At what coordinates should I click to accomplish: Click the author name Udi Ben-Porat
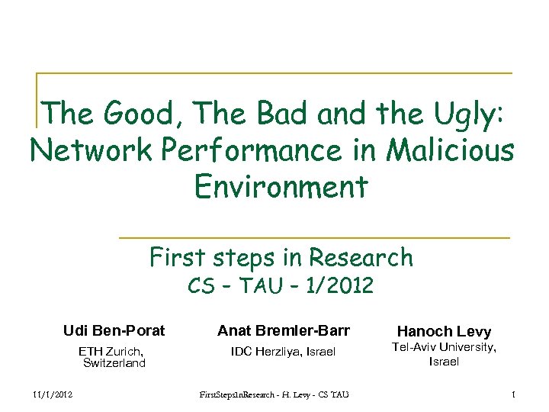pos(114,330)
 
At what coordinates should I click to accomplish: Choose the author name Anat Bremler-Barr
pos(283,330)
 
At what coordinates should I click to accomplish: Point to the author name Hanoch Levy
pos(444,331)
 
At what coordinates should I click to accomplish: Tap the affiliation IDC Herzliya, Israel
pos(283,351)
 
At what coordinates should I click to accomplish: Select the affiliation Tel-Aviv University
pos(444,348)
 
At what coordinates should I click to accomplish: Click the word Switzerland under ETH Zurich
pos(114,363)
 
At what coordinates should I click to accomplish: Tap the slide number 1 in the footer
pos(515,394)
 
